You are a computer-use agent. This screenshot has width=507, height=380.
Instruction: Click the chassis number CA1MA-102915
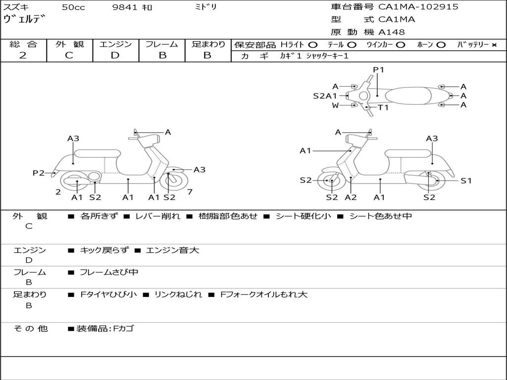click(x=418, y=7)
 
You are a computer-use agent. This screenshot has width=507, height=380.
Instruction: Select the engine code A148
click(x=392, y=32)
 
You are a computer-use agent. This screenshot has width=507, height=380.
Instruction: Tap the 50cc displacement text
click(x=73, y=7)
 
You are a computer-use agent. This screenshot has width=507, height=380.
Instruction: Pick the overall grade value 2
click(x=23, y=55)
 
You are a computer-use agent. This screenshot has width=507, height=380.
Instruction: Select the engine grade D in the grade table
click(x=115, y=55)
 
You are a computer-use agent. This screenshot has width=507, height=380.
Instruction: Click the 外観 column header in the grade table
click(x=69, y=45)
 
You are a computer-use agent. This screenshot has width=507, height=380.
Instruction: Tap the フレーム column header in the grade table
click(x=162, y=45)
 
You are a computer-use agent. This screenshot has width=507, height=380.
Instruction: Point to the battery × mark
click(x=494, y=45)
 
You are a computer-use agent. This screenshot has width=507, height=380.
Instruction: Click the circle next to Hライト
click(x=313, y=45)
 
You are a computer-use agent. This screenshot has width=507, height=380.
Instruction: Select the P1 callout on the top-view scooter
click(x=379, y=70)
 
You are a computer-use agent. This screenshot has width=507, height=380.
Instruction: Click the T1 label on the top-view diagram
click(x=383, y=107)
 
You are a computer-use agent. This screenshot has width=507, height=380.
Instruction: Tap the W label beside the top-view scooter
click(x=336, y=105)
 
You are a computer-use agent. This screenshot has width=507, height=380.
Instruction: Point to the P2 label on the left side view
click(x=39, y=173)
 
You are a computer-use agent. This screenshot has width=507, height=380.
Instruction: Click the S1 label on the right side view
click(x=466, y=181)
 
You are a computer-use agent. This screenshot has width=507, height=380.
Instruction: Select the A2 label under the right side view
click(x=351, y=197)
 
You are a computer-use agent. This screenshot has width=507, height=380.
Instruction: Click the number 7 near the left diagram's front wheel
click(x=190, y=192)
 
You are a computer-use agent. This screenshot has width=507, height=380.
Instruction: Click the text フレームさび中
click(x=109, y=272)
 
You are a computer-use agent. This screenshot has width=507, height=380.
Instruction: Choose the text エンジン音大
click(x=172, y=250)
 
